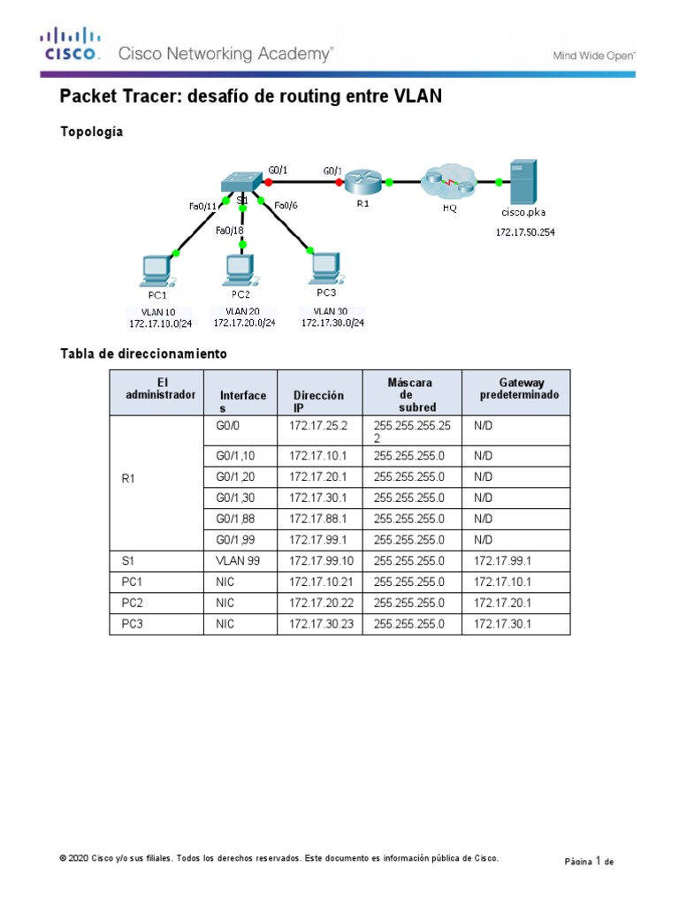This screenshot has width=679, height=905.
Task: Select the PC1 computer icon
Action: click(x=156, y=270)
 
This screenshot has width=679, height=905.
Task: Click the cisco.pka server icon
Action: click(x=523, y=181)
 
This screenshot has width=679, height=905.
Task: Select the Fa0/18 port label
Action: click(x=231, y=231)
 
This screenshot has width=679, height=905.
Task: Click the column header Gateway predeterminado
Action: click(x=519, y=389)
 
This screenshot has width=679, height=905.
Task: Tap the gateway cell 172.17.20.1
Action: click(x=498, y=603)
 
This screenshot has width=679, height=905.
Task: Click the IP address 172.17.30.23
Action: click(x=319, y=624)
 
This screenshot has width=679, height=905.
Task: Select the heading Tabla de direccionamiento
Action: click(x=143, y=354)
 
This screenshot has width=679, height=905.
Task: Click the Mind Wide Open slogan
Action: click(x=594, y=55)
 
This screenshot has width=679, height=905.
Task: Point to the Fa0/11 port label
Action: click(x=202, y=206)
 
